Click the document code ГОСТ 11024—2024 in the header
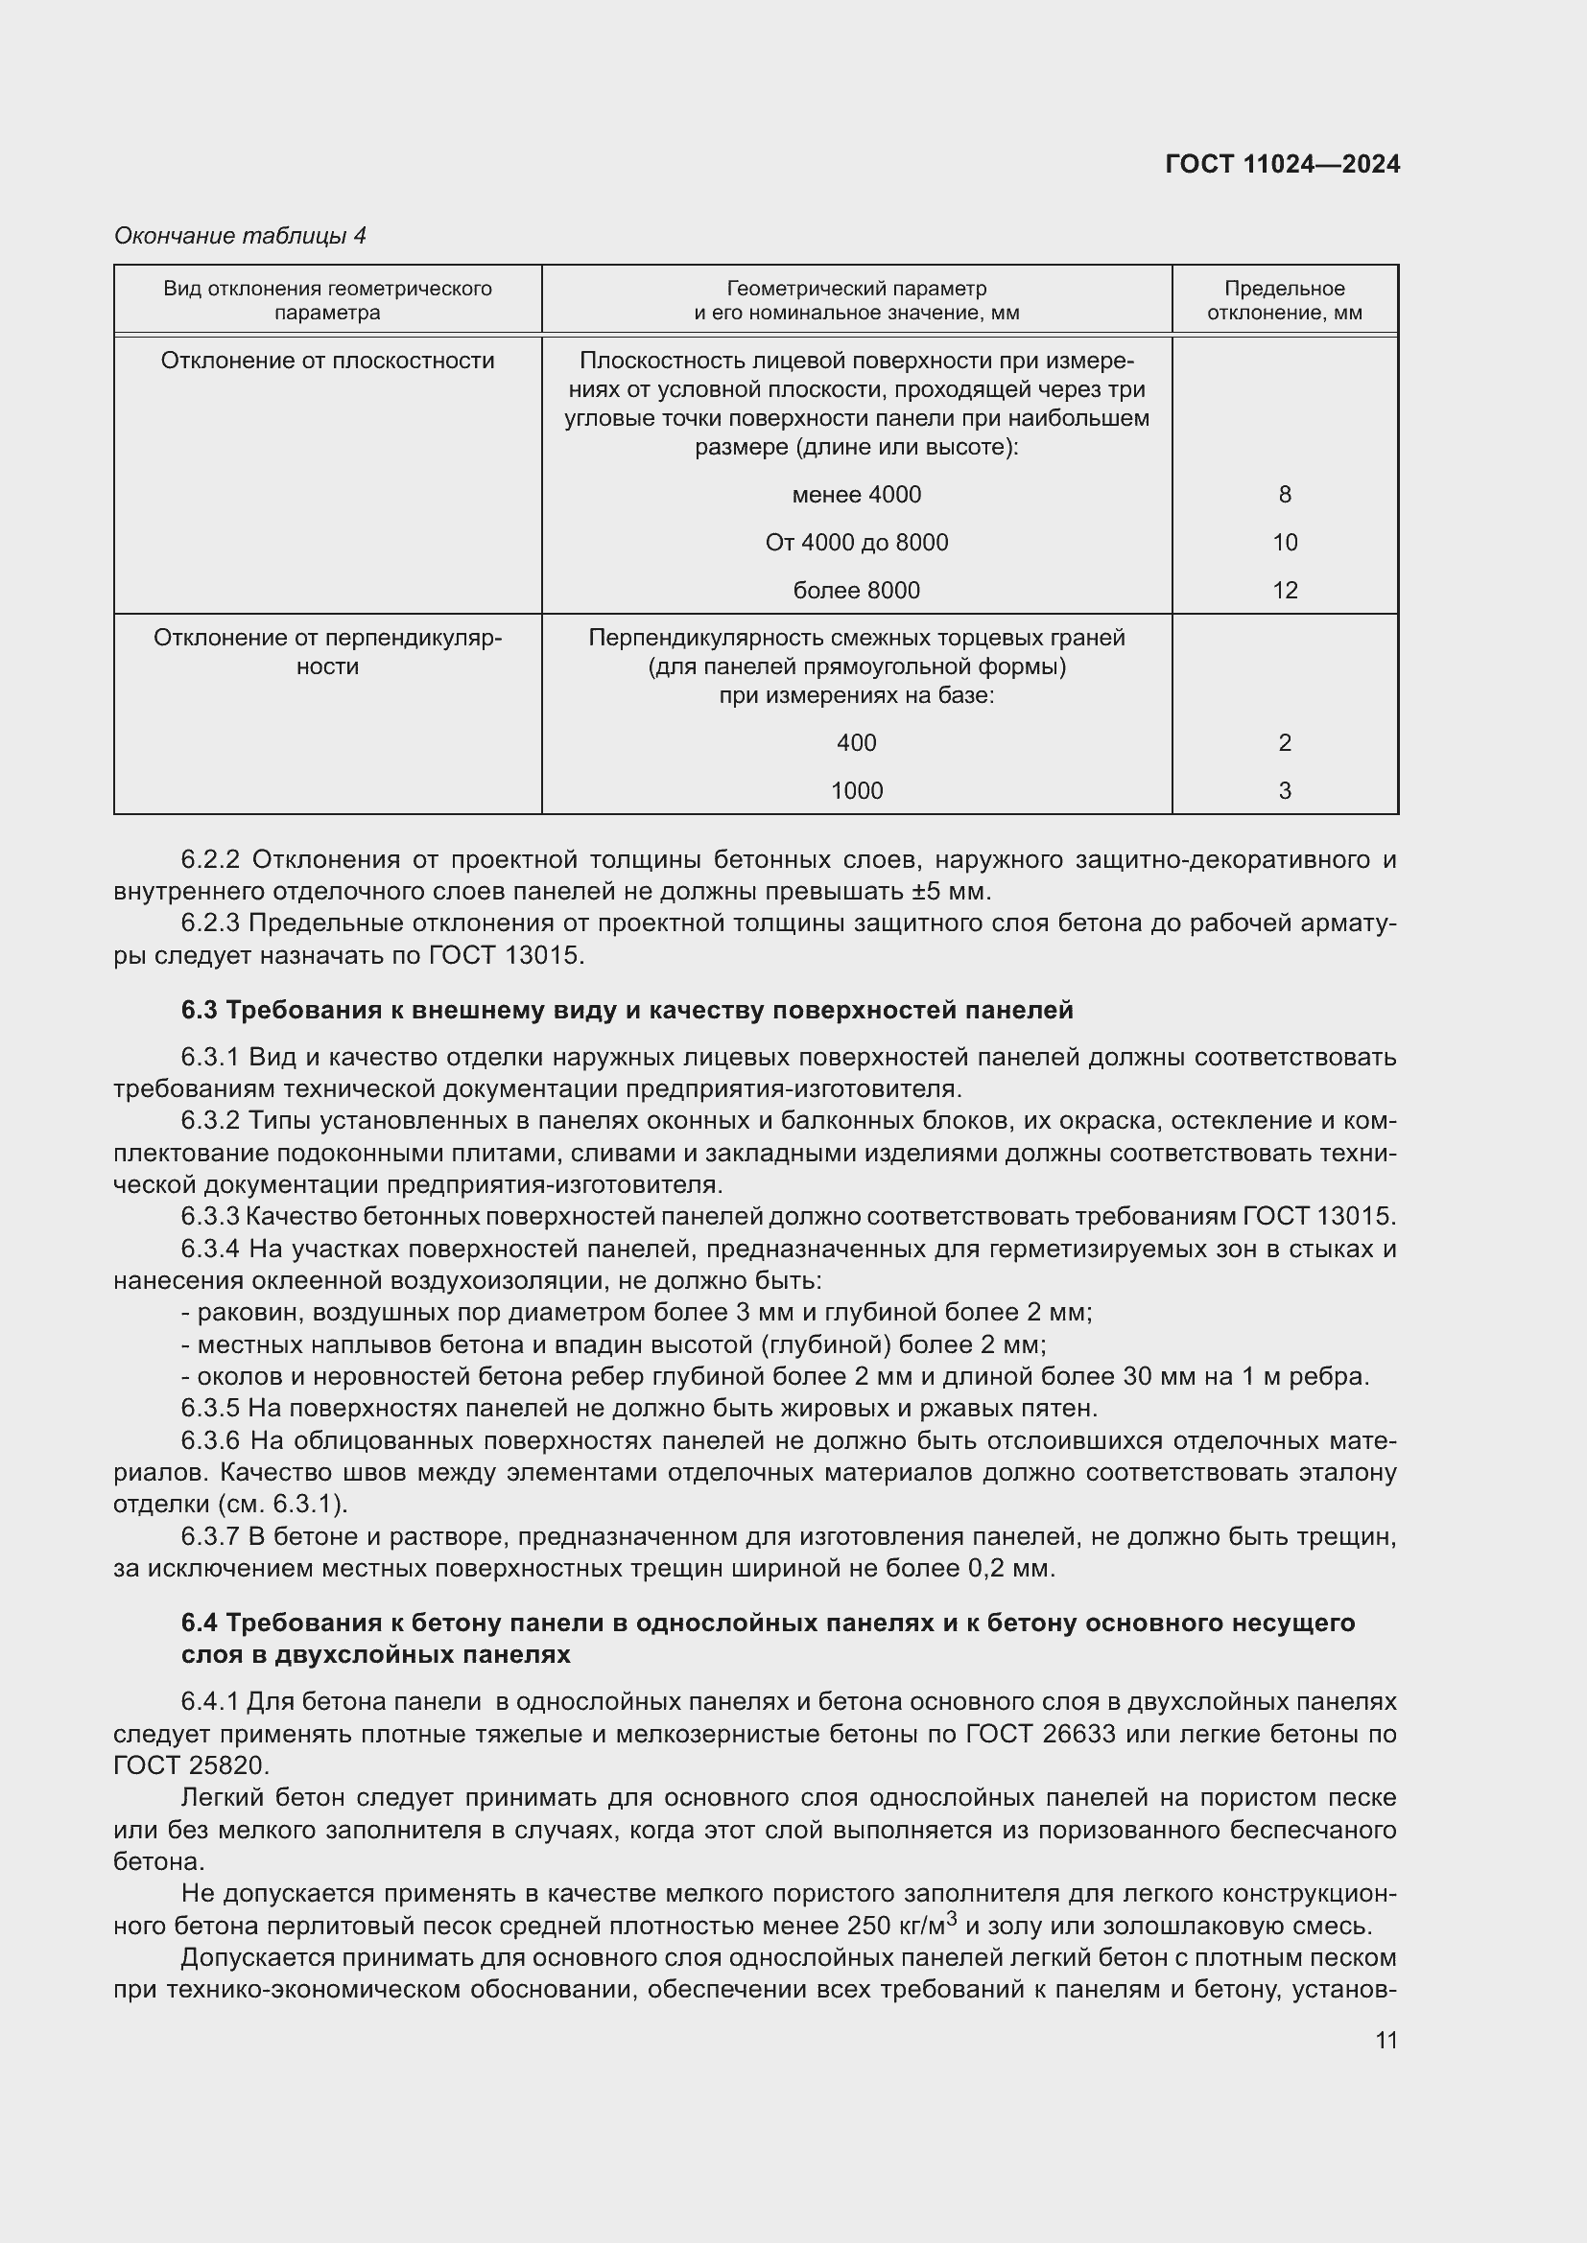pyautogui.click(x=1282, y=164)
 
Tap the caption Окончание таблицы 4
pyautogui.click(x=241, y=236)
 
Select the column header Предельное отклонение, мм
pyautogui.click(x=1284, y=301)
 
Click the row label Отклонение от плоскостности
pyautogui.click(x=327, y=361)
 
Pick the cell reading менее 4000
pyautogui.click(x=856, y=494)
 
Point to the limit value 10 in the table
pyautogui.click(x=1284, y=542)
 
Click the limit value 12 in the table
pyautogui.click(x=1284, y=590)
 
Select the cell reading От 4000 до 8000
pyautogui.click(x=856, y=542)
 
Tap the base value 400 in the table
pyautogui.click(x=856, y=742)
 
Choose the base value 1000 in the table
pyautogui.click(x=856, y=790)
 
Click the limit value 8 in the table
pyautogui.click(x=1284, y=494)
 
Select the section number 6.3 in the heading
pyautogui.click(x=199, y=1010)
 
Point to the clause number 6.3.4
pyautogui.click(x=210, y=1249)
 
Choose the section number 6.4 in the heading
pyautogui.click(x=199, y=1623)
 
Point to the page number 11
pyautogui.click(x=1386, y=2040)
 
